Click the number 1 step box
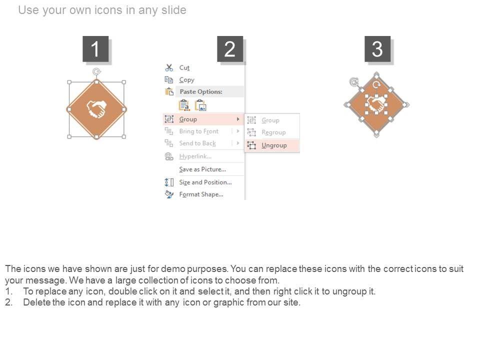pos(95,48)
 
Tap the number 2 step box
pos(230,48)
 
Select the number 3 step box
pos(377,48)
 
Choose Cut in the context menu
pos(184,67)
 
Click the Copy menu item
pos(186,80)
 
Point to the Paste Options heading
pos(201,91)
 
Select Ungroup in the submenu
pos(274,145)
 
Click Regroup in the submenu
pos(273,132)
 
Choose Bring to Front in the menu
pos(199,131)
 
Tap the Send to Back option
pos(197,143)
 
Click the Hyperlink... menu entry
pos(195,156)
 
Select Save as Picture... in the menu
pos(202,169)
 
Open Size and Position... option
pos(205,182)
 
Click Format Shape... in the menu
pos(201,194)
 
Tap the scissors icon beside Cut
pos(169,67)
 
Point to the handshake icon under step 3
pos(375,104)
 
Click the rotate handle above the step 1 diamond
pos(96,71)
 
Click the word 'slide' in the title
pos(173,10)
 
